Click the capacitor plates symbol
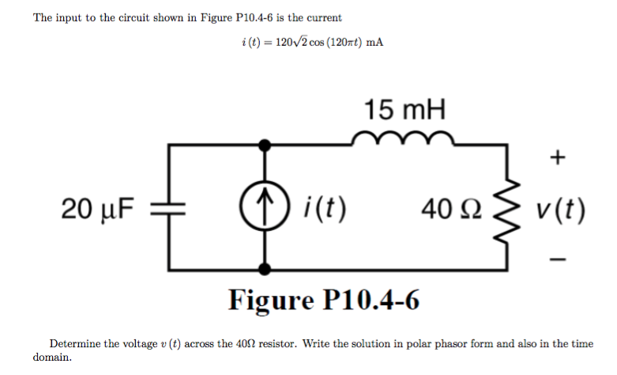(x=167, y=209)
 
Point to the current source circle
(x=269, y=209)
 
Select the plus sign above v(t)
(x=559, y=157)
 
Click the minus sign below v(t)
(x=559, y=258)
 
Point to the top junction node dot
(x=269, y=145)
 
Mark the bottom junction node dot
(x=269, y=270)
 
